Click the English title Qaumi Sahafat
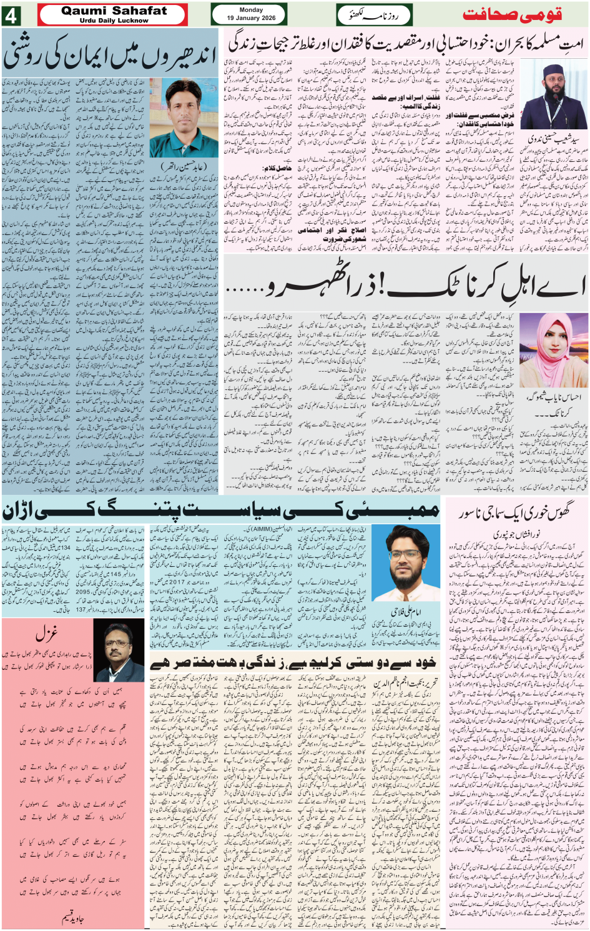(x=114, y=10)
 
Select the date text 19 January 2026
(x=251, y=18)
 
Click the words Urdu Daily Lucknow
(x=114, y=21)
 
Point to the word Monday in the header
(x=251, y=9)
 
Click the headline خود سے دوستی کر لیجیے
(x=293, y=662)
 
